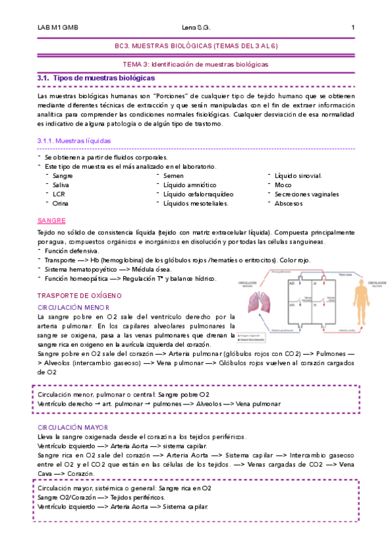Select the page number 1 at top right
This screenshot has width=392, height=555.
point(353,27)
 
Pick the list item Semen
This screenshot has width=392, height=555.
point(173,176)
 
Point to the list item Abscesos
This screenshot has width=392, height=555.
point(289,204)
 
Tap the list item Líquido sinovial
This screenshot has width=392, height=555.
point(298,176)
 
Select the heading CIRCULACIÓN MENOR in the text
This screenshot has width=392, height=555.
point(73,307)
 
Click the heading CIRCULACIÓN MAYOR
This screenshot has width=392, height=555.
point(73,427)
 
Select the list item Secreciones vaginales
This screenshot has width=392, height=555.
point(307,194)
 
